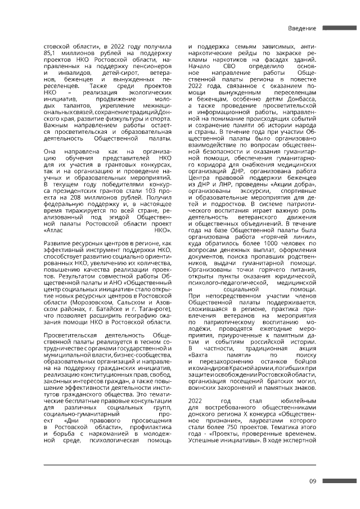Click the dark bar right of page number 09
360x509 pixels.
340,481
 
